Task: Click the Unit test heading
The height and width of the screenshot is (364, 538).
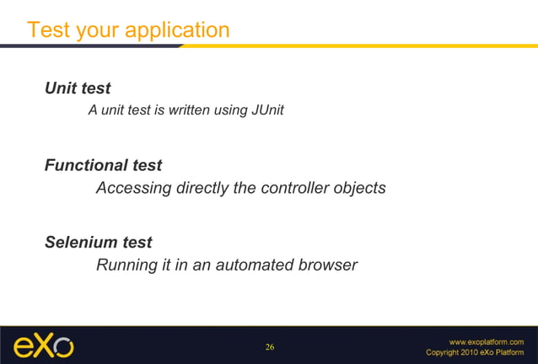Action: coord(78,88)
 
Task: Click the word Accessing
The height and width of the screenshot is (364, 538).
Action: coord(132,188)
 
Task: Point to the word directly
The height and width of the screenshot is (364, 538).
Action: coord(202,188)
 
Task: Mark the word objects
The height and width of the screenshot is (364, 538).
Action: coord(361,188)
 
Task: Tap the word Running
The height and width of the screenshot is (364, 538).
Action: coord(126,265)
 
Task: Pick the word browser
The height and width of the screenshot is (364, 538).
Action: coord(329,265)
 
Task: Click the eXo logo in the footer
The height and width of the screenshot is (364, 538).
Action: coord(43,346)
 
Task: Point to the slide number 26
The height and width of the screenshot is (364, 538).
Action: coord(270,347)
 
